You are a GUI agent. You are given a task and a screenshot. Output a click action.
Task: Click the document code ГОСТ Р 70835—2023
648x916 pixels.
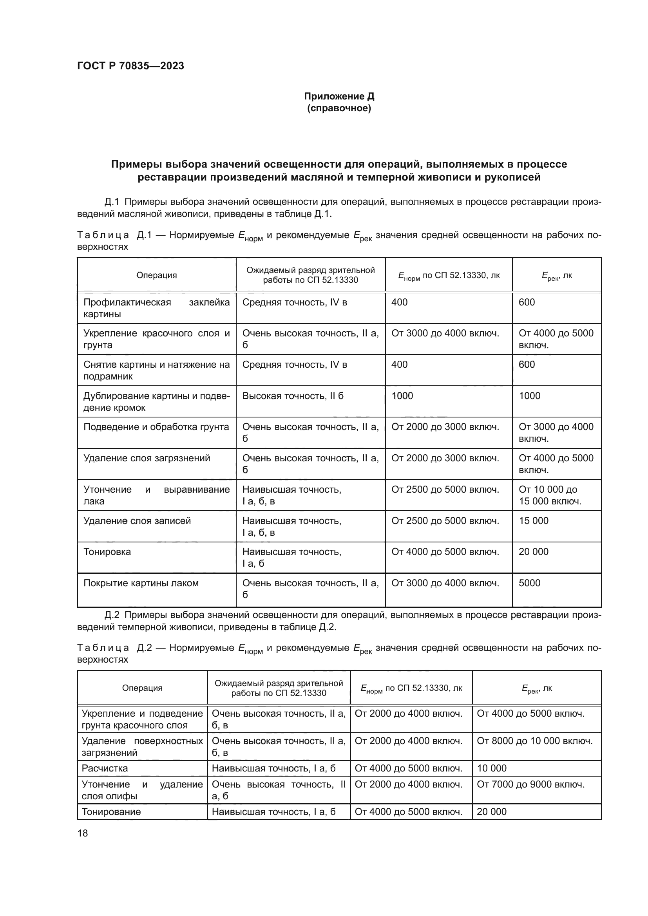[x=130, y=66]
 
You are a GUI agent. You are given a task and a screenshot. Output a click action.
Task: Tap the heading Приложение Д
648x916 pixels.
[x=339, y=96]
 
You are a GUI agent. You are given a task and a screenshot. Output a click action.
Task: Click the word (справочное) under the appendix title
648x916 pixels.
[x=339, y=108]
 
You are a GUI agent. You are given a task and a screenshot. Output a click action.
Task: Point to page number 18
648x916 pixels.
[x=83, y=833]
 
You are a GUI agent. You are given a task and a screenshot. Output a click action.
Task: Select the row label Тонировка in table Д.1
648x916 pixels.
[x=107, y=552]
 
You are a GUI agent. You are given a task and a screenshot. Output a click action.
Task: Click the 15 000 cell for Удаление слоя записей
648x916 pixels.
[x=534, y=520]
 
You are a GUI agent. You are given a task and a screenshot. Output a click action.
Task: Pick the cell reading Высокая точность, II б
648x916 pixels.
[x=293, y=396]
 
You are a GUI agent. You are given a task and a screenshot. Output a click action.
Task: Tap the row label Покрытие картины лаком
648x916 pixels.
[x=141, y=583]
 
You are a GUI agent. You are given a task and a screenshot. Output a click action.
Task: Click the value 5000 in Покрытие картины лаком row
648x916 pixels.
[x=530, y=583]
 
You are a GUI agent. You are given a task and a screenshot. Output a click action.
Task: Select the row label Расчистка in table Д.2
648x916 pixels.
[x=105, y=768]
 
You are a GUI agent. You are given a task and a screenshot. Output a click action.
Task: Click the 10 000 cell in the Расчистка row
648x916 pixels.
[x=492, y=768]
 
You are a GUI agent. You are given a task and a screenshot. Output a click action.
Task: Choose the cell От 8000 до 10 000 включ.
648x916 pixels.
[x=535, y=741]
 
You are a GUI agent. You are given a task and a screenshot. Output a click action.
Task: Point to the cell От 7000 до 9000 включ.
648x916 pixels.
[x=531, y=784]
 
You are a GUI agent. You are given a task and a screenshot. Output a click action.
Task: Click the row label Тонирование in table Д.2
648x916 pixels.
[x=111, y=811]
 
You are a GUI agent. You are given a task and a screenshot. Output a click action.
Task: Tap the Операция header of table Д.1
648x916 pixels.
[x=156, y=275]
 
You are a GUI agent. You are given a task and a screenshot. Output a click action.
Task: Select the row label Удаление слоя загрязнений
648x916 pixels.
[x=147, y=458]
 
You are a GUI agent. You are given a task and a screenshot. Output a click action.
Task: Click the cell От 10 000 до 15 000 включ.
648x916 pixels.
[x=550, y=495]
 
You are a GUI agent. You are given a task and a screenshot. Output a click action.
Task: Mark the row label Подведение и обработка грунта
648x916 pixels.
[x=156, y=427]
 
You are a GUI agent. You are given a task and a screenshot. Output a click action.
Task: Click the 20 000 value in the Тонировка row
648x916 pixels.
[x=534, y=552]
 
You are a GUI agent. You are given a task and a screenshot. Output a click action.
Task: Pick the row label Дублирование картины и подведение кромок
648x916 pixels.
[x=156, y=402]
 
